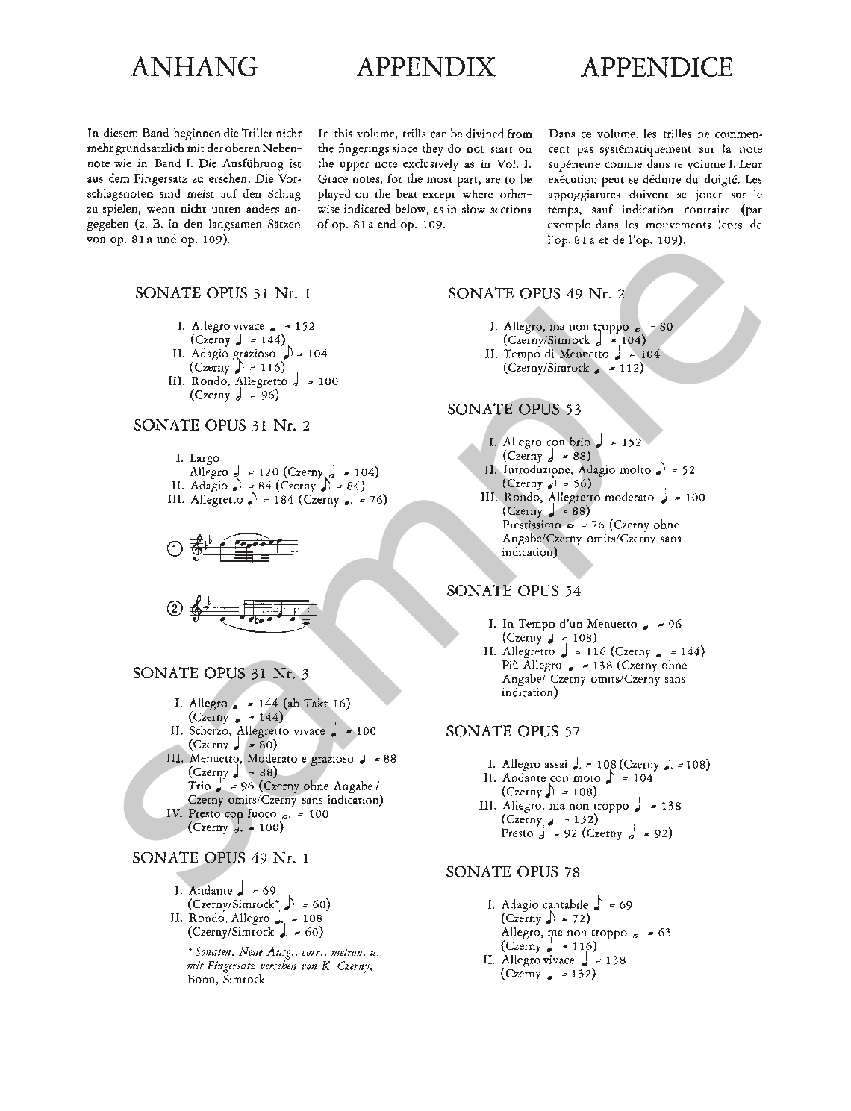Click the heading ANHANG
(x=194, y=67)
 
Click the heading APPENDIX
(x=425, y=67)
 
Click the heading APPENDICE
(x=656, y=67)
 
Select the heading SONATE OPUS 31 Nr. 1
(x=222, y=292)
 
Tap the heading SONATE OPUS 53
(x=514, y=409)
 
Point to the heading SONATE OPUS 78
(x=513, y=871)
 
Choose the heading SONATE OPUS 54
(x=514, y=591)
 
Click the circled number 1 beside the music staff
(x=174, y=550)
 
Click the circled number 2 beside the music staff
(x=174, y=609)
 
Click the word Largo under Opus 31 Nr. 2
(x=205, y=458)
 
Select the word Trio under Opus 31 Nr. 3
(x=199, y=786)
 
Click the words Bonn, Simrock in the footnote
(x=226, y=980)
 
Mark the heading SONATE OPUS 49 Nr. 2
(x=536, y=293)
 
